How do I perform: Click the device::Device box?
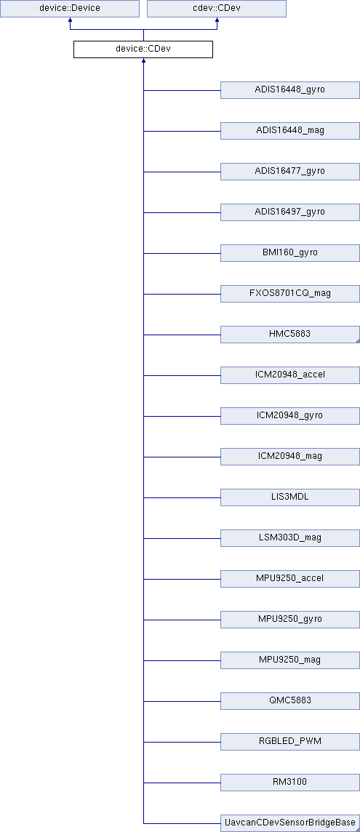tap(70, 9)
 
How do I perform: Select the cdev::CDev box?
tap(217, 9)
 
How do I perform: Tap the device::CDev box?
tap(143, 49)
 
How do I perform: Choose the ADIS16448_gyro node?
tap(290, 89)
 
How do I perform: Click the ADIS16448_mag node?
tap(290, 130)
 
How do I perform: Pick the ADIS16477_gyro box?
tap(290, 172)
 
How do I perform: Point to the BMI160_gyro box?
tap(290, 252)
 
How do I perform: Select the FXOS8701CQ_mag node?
tap(290, 293)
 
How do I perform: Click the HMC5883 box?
tap(290, 335)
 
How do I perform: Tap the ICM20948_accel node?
tap(290, 375)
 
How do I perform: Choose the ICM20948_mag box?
tap(290, 456)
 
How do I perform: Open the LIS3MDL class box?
tap(290, 497)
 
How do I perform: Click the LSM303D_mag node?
tap(290, 538)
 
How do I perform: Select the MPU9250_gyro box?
tap(290, 619)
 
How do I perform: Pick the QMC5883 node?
tap(290, 701)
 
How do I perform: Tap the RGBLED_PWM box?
tap(290, 741)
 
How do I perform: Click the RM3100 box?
tap(290, 782)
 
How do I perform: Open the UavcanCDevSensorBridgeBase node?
tap(290, 823)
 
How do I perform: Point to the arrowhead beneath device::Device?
tap(70, 20)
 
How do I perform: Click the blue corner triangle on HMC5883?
tap(358, 341)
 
